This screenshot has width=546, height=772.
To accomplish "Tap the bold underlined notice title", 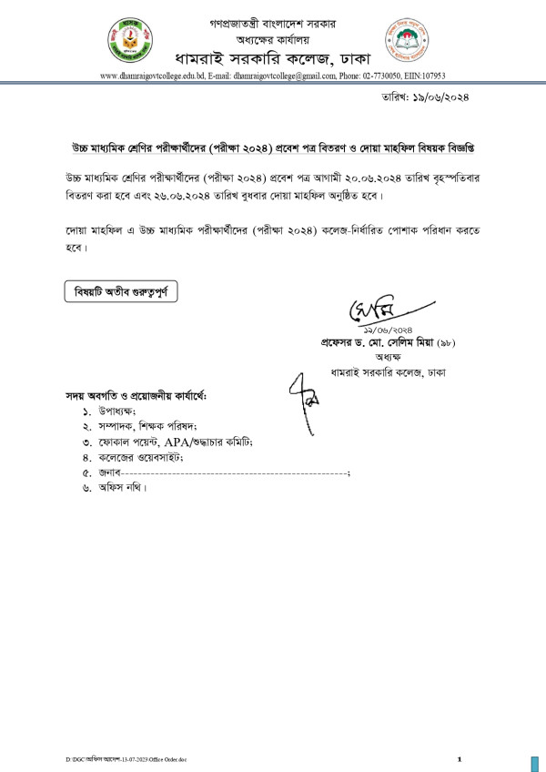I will click(272, 147).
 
